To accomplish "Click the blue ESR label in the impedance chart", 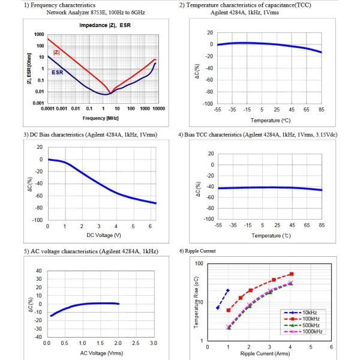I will pos(58,72).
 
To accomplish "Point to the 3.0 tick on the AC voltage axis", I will pos(153,343).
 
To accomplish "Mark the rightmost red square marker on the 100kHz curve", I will pos(292,274).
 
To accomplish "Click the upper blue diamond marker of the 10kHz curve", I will pos(227,290).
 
